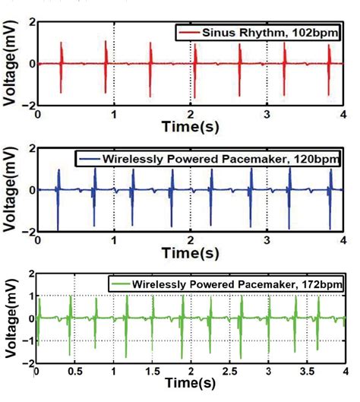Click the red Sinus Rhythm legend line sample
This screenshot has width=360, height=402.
[x=188, y=33]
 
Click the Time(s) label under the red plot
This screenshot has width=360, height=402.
[x=190, y=126]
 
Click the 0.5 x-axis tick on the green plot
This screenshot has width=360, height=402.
[x=74, y=374]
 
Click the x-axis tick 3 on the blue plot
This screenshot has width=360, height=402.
[x=267, y=239]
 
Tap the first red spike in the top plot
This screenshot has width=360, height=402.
[x=61, y=65]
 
